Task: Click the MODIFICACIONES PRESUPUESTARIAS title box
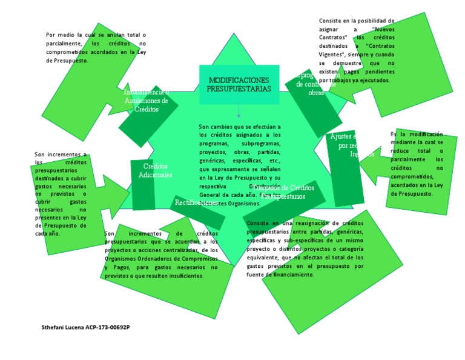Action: (x=239, y=84)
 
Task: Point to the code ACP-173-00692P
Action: (x=108, y=327)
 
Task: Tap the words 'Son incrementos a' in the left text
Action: (x=61, y=155)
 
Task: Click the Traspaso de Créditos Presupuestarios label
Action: (x=285, y=192)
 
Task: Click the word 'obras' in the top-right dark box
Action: (x=316, y=93)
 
